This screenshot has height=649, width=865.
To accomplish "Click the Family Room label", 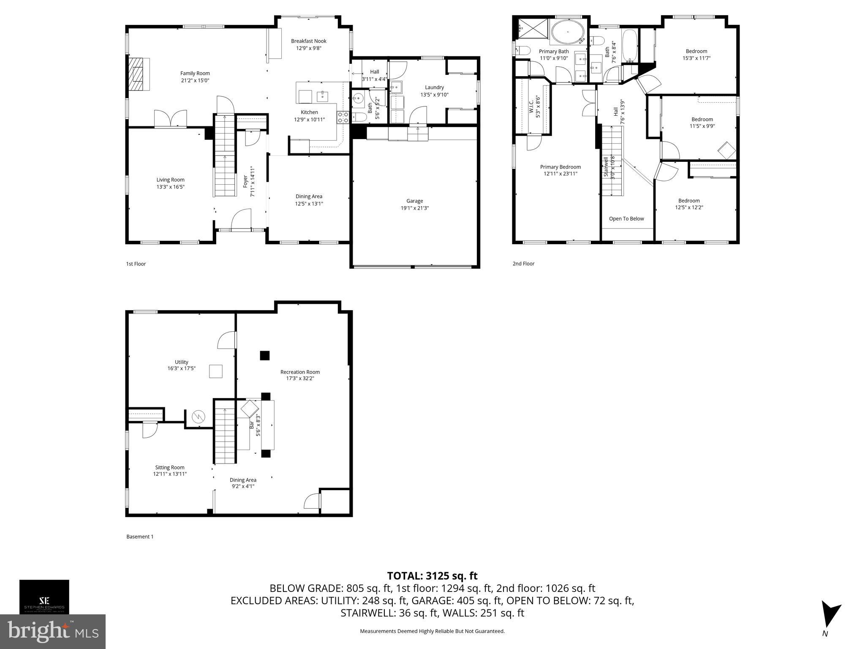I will click(x=195, y=74).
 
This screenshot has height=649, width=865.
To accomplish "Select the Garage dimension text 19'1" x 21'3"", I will click(x=414, y=208).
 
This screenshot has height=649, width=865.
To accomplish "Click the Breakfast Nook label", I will click(x=308, y=41).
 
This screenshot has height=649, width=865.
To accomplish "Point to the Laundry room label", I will click(x=434, y=87).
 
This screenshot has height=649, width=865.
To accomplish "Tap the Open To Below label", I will click(x=626, y=218).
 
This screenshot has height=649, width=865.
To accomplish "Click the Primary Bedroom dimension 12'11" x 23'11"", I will click(x=560, y=174).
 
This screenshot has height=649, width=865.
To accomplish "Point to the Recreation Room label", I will click(x=300, y=372).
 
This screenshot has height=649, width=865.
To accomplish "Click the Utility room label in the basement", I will click(x=181, y=362).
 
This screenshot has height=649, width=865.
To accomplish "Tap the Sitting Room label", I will click(x=169, y=467).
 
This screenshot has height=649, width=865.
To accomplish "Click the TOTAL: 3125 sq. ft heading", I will click(x=432, y=576).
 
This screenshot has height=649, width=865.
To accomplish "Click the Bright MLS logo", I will click(x=52, y=631).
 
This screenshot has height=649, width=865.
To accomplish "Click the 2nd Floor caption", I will click(x=523, y=264).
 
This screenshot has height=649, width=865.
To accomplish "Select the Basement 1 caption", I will click(x=140, y=537).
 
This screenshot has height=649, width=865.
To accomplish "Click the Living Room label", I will click(x=170, y=180).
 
